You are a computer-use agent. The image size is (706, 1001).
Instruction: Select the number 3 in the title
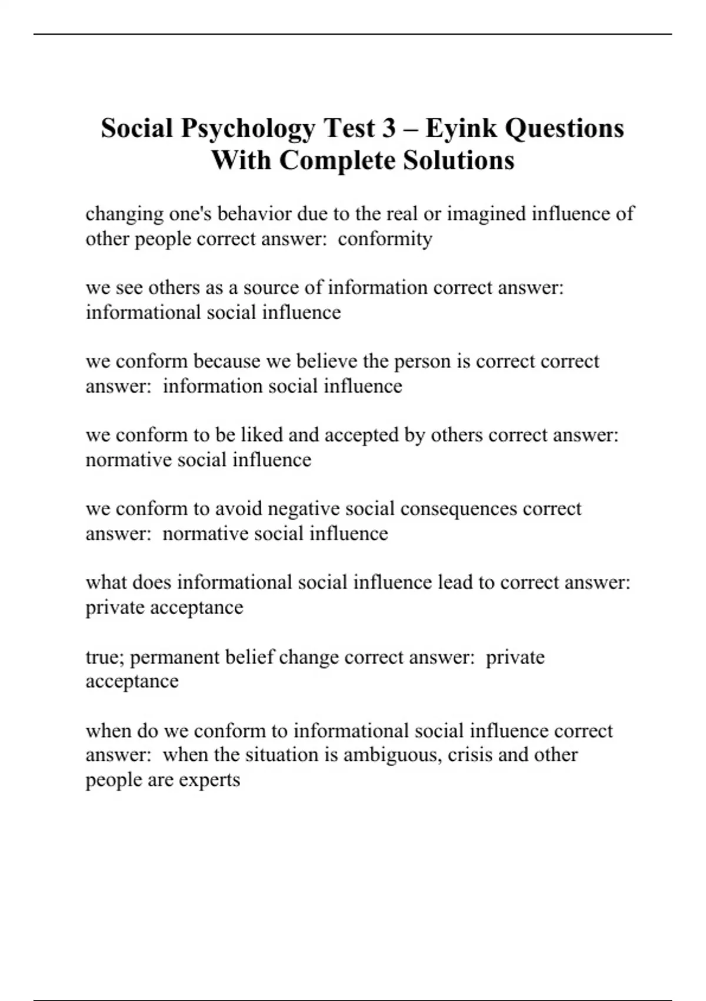pos(388,128)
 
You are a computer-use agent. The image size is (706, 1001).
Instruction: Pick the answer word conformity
pos(385,239)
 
